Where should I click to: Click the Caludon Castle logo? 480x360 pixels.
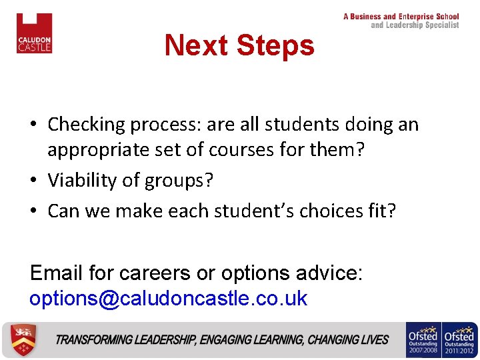[x=34, y=33]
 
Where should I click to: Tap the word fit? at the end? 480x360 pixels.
[x=381, y=211]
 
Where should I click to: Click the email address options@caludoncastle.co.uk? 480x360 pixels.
[x=168, y=298]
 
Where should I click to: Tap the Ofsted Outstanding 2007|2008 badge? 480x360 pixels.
[x=422, y=340]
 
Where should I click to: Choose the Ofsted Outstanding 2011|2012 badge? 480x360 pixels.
[x=459, y=340]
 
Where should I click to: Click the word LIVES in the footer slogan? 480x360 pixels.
[x=374, y=340]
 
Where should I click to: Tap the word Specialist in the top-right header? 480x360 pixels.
[x=438, y=25]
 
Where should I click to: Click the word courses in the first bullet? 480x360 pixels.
[x=232, y=150]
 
